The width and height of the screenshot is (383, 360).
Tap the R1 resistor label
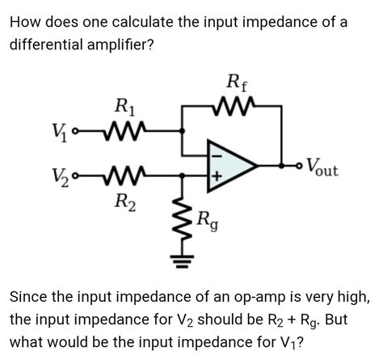pyautogui.click(x=125, y=105)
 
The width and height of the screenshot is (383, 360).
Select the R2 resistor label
pyautogui.click(x=124, y=201)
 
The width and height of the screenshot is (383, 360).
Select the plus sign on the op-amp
pyautogui.click(x=216, y=176)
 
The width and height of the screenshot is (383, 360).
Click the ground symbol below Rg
pyautogui.click(x=182, y=261)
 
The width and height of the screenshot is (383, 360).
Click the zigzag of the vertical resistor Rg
pyautogui.click(x=182, y=218)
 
